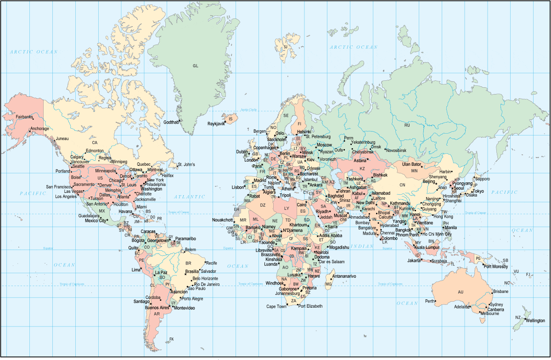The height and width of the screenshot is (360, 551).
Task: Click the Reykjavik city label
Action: coord(216,124)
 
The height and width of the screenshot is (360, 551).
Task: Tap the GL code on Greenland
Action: coord(196,66)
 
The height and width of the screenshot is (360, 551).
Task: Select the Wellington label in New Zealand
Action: coord(535,321)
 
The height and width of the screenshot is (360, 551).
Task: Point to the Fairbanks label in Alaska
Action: coord(24,117)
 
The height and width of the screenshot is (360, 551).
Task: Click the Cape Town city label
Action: coord(276,306)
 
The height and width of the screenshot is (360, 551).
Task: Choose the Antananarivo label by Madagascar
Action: coord(344,276)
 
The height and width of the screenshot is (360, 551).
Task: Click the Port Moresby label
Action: coord(496,267)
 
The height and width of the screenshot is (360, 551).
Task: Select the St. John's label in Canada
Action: coord(186,164)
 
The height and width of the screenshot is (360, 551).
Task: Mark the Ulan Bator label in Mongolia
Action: coord(412,164)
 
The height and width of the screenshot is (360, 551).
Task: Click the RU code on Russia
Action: coord(407,125)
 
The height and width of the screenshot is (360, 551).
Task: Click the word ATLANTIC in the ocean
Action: coord(190,197)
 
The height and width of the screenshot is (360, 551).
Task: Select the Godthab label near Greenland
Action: coord(171,123)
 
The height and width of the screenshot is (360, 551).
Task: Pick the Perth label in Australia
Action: coord(430,301)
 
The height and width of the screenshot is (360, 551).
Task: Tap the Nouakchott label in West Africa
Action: coord(223,220)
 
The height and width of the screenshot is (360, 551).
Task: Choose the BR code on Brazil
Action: coord(188,264)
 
